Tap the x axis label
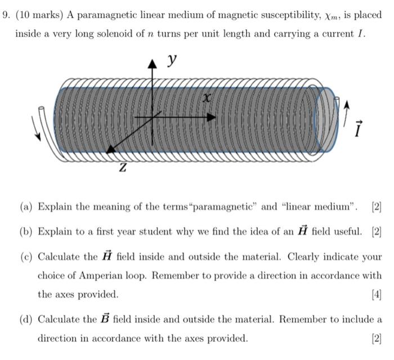point(207,98)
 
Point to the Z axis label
point(123,168)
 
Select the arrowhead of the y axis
point(151,64)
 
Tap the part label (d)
point(26,319)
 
